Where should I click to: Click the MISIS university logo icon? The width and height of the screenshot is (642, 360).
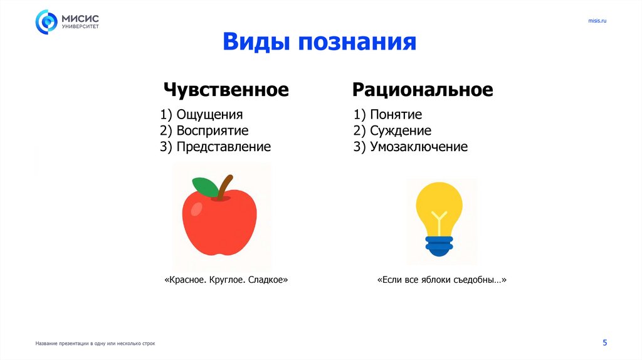pos(46,22)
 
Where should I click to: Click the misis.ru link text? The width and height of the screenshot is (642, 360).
pos(597,21)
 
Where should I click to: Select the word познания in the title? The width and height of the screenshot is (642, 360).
pos(357,42)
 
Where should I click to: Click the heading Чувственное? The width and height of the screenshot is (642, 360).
pos(226,90)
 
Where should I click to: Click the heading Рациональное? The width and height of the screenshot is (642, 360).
pos(423,90)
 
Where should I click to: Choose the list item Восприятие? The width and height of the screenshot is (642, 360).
pos(212,131)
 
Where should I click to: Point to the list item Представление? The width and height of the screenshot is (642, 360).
pos(223,147)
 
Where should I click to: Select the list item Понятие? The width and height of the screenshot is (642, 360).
pos(396,115)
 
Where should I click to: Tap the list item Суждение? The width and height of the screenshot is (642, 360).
pos(400,131)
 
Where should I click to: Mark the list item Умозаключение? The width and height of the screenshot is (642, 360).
pos(418,147)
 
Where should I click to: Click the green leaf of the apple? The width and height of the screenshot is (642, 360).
pos(204,186)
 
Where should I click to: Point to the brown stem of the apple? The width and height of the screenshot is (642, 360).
pos(226,186)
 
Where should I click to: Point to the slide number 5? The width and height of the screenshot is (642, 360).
pos(605,342)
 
